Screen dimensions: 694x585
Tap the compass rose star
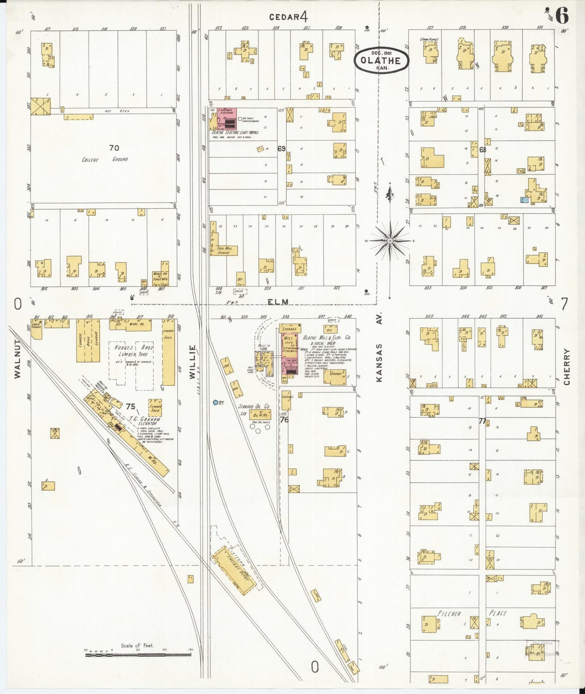[x=390, y=241]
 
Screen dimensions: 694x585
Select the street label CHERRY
[x=566, y=367]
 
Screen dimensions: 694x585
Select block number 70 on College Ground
[x=114, y=148]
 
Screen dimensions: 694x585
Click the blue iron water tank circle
[x=215, y=402]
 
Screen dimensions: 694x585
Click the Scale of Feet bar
[x=138, y=654]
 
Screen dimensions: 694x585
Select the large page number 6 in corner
[x=562, y=16]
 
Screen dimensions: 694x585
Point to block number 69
[x=281, y=149]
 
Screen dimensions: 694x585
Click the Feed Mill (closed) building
[x=223, y=250]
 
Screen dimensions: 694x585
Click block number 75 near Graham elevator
[x=130, y=407]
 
